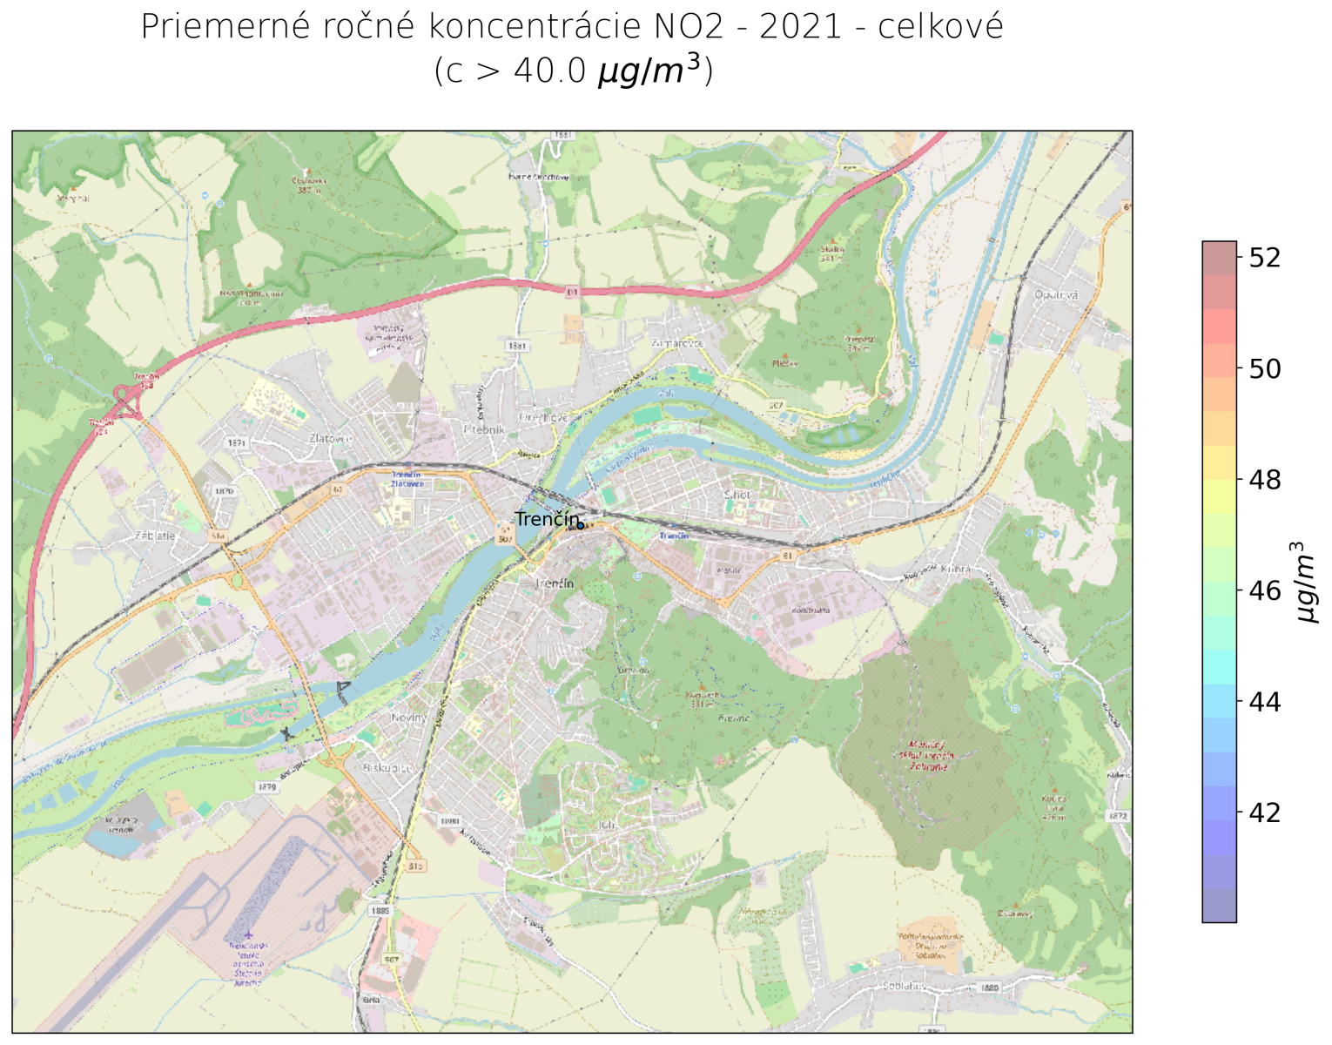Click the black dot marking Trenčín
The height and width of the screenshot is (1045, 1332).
point(581,525)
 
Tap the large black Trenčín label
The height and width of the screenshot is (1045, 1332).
point(546,519)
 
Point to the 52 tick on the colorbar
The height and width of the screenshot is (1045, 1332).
point(1264,258)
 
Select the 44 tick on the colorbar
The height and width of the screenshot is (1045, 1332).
point(1264,701)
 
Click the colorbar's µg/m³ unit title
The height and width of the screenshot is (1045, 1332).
point(1306,582)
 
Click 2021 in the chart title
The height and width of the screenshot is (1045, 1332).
point(800,27)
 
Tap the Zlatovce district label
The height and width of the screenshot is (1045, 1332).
point(330,439)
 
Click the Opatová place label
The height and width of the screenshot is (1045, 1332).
point(1056,294)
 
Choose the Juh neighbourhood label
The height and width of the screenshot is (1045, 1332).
point(607,824)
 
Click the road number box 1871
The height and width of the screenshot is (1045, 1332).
point(237,443)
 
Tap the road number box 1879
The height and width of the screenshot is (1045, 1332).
point(267,786)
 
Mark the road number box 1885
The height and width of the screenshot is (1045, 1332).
point(380,911)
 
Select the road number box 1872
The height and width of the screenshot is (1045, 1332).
point(1119,816)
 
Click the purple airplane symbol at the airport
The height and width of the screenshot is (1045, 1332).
point(248,935)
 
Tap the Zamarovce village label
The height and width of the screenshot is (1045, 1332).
point(677,343)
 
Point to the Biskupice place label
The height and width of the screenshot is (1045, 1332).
point(387,769)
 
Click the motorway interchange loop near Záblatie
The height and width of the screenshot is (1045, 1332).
point(128,403)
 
